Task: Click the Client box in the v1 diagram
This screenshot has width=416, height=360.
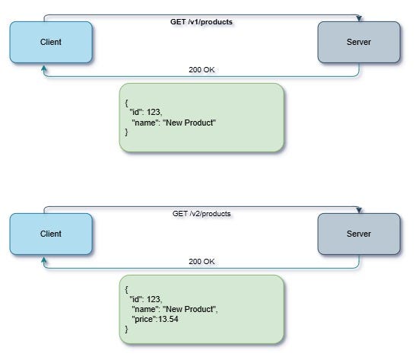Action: (x=51, y=42)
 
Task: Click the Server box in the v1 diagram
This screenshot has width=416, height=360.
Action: (x=358, y=42)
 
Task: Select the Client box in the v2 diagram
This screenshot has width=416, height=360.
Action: (x=51, y=234)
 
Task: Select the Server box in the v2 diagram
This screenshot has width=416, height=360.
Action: (x=358, y=234)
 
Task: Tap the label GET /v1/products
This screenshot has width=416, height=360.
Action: (x=201, y=22)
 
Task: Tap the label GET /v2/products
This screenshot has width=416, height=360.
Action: (x=201, y=214)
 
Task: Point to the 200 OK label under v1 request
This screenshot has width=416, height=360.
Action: (x=202, y=70)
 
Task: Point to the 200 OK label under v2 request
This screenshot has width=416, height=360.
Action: (x=202, y=262)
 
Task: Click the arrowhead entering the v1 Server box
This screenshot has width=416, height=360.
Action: (x=359, y=18)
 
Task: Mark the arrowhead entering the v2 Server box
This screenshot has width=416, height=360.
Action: (x=359, y=210)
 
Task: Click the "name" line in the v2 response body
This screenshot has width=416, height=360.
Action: (x=174, y=309)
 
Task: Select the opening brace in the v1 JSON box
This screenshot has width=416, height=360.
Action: (x=126, y=102)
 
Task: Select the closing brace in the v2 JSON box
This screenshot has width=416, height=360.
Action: (x=126, y=329)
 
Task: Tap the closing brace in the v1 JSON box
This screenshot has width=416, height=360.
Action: (x=126, y=132)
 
